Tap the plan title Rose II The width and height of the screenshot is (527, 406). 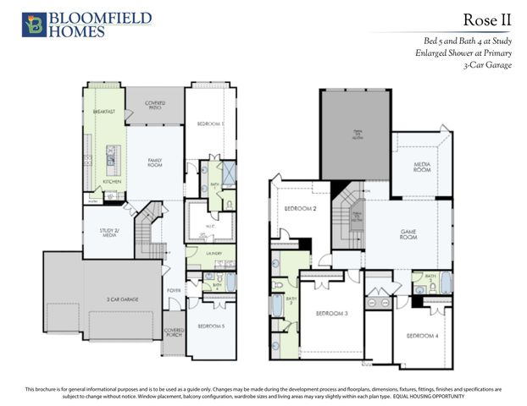(x=487, y=19)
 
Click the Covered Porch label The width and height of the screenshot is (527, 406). (x=173, y=332)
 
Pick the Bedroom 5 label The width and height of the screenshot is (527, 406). (x=211, y=326)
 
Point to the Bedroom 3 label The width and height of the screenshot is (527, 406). (x=333, y=313)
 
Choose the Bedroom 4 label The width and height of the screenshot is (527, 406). (x=421, y=336)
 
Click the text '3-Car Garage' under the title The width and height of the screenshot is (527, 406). (x=487, y=65)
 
